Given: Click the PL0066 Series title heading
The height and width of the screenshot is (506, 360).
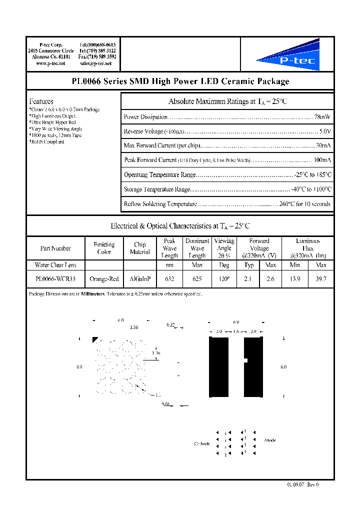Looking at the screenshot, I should [x=179, y=81].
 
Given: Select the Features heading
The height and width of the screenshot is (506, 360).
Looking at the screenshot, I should [x=41, y=101].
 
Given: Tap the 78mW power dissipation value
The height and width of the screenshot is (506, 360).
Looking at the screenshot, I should [x=321, y=117].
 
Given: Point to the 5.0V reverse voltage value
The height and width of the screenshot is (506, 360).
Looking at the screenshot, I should [x=324, y=131].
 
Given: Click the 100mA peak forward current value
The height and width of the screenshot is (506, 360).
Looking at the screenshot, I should [x=321, y=160].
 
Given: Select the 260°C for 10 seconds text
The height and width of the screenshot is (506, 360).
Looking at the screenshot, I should [x=304, y=204].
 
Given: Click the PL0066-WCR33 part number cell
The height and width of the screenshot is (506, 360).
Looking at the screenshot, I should [x=55, y=278].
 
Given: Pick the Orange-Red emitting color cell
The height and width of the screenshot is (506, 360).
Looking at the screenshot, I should [x=104, y=278].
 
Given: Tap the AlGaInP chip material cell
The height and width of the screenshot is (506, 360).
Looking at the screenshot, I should [x=140, y=278].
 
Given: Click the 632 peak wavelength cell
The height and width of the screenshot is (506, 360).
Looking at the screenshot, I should [x=169, y=278].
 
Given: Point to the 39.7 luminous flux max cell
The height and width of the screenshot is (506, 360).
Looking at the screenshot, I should [x=321, y=278].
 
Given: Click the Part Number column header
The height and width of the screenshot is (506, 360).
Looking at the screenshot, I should [x=55, y=248].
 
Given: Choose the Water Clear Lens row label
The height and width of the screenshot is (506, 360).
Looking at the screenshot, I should [x=55, y=265].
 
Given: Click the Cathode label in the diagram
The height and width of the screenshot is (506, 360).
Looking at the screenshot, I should [x=202, y=444].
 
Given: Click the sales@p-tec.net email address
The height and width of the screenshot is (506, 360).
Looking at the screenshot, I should [x=98, y=64].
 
